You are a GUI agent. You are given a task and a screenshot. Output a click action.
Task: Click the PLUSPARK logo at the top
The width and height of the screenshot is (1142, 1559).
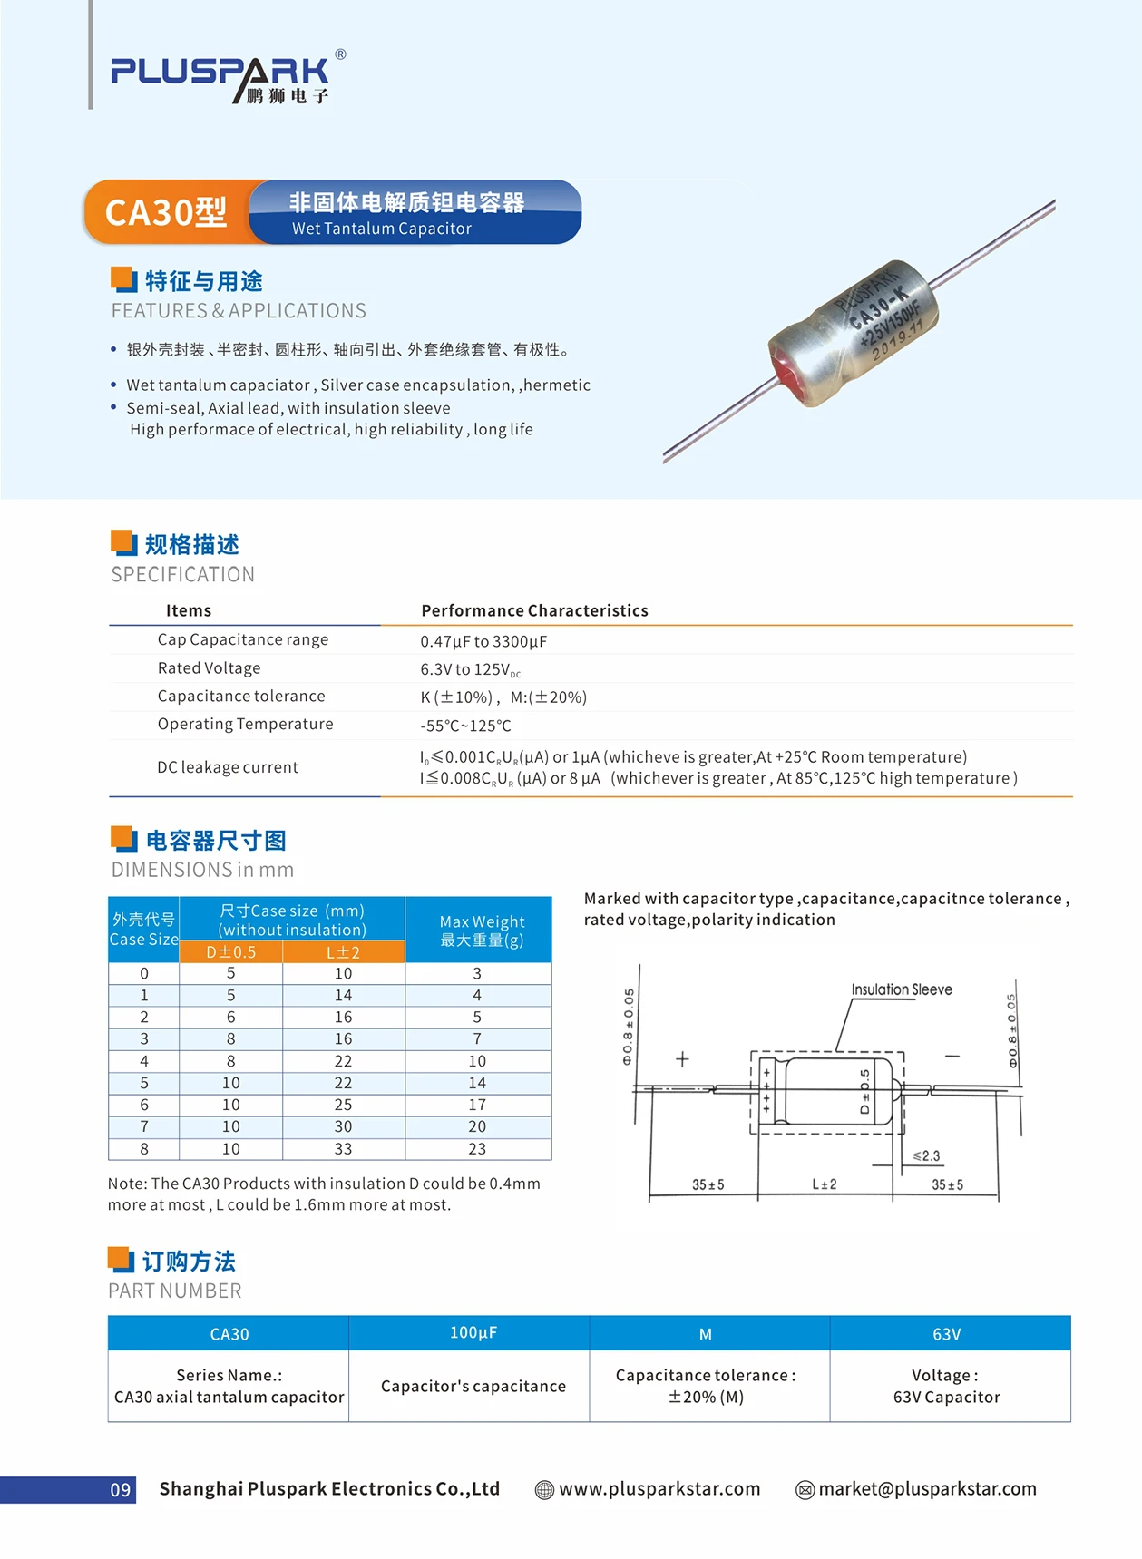click(x=220, y=77)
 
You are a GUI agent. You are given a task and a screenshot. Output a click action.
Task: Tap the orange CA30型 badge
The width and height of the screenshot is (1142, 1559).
click(x=166, y=212)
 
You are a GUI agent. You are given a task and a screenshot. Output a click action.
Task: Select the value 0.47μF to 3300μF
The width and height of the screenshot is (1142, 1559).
click(x=483, y=641)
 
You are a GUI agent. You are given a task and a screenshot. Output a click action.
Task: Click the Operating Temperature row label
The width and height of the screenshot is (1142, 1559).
click(x=245, y=724)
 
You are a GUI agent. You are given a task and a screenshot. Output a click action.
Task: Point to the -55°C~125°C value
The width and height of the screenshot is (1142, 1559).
click(x=465, y=726)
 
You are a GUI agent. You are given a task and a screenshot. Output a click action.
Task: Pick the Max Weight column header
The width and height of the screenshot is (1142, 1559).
click(x=481, y=931)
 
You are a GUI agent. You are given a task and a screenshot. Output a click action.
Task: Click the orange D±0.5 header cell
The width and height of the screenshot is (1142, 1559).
click(x=231, y=952)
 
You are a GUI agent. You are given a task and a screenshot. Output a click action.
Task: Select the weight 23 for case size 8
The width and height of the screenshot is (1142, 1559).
click(x=477, y=1149)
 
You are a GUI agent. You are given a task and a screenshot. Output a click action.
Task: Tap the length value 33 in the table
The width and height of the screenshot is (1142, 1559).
click(x=343, y=1149)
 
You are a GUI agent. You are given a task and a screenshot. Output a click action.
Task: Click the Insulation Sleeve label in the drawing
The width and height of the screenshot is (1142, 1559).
click(x=901, y=989)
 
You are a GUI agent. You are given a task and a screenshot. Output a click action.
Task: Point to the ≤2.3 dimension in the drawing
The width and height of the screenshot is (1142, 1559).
click(x=926, y=1155)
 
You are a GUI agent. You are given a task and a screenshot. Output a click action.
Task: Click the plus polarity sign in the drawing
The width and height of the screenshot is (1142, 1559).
click(x=682, y=1058)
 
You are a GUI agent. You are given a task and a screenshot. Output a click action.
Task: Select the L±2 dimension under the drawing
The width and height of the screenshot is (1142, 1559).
click(x=824, y=1184)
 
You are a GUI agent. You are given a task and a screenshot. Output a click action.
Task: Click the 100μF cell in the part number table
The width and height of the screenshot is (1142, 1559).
click(x=473, y=1332)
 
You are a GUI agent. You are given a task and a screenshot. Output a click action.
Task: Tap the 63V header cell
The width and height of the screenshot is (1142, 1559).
click(x=946, y=1334)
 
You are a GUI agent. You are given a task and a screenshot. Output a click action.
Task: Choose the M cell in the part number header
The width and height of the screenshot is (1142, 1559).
click(x=706, y=1334)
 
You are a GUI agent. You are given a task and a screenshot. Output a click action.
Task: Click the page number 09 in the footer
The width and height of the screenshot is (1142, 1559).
click(x=121, y=1489)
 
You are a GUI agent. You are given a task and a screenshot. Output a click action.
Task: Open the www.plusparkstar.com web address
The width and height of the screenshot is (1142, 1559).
click(x=659, y=1488)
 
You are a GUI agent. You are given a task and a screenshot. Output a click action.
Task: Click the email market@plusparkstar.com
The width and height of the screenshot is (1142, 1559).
click(x=926, y=1488)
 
